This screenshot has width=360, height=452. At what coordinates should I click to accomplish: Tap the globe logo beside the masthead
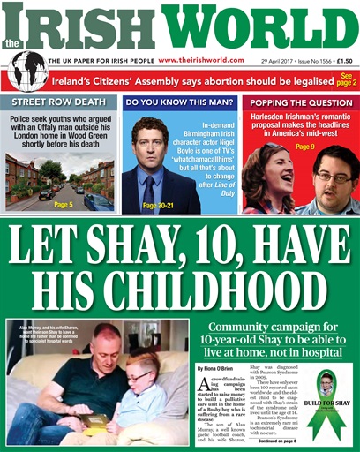click(x=27, y=68)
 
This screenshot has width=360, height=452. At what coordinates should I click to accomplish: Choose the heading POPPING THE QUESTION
click(x=300, y=102)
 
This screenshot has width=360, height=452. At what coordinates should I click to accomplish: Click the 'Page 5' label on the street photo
click(x=64, y=205)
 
